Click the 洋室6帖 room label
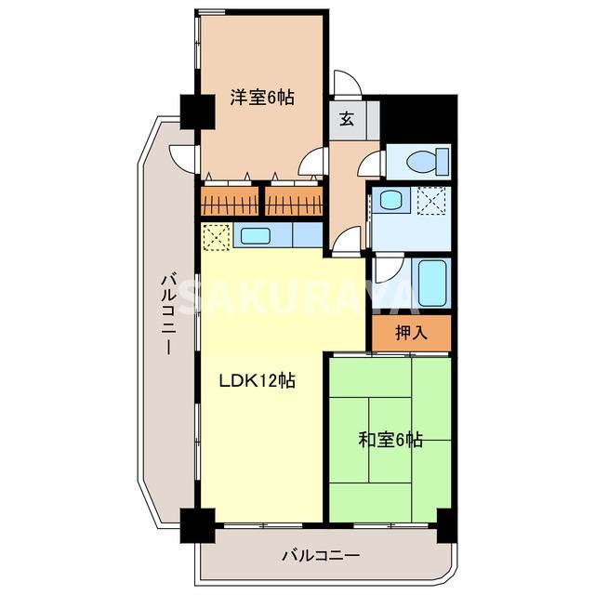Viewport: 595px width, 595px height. click(x=262, y=97)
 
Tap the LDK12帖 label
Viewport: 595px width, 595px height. click(x=258, y=380)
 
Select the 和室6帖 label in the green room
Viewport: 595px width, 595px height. click(x=390, y=439)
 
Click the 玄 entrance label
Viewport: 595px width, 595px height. click(x=346, y=118)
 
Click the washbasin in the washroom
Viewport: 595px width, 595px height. click(x=390, y=200)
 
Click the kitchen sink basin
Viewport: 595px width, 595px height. click(x=256, y=235)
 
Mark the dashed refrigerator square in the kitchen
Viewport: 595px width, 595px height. click(x=216, y=237)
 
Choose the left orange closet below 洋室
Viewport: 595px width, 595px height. click(x=228, y=200)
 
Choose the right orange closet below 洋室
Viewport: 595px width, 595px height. click(x=293, y=200)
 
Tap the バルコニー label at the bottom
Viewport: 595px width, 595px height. click(x=321, y=556)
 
